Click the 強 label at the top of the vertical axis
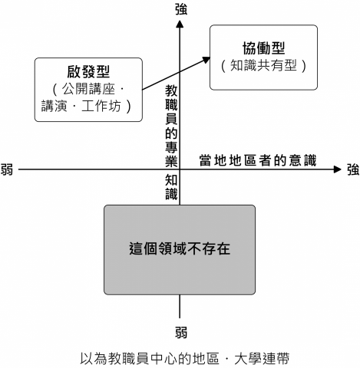(180, 9)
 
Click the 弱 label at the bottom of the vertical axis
(180, 333)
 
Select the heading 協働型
(263, 47)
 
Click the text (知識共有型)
(263, 65)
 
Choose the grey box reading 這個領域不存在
(180, 249)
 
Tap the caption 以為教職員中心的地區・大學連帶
(180, 357)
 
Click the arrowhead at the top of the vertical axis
(180, 24)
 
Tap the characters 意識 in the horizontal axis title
(303, 159)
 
